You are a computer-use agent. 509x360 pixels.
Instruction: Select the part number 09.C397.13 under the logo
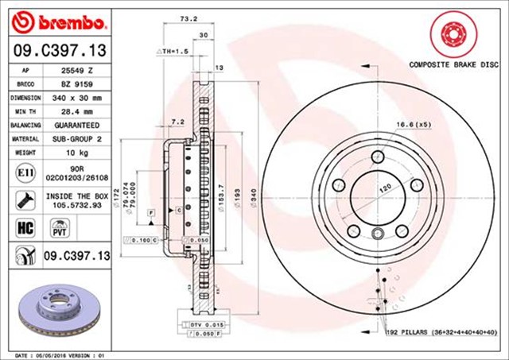[x=57, y=51]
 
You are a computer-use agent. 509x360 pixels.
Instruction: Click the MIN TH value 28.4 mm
[x=78, y=111]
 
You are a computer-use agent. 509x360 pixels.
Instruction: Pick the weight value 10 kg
[x=78, y=153]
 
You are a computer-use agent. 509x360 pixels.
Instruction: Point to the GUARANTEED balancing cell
[x=78, y=126]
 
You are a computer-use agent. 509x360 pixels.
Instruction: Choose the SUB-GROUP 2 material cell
[x=78, y=139]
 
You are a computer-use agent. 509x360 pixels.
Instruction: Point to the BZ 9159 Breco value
[x=78, y=83]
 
